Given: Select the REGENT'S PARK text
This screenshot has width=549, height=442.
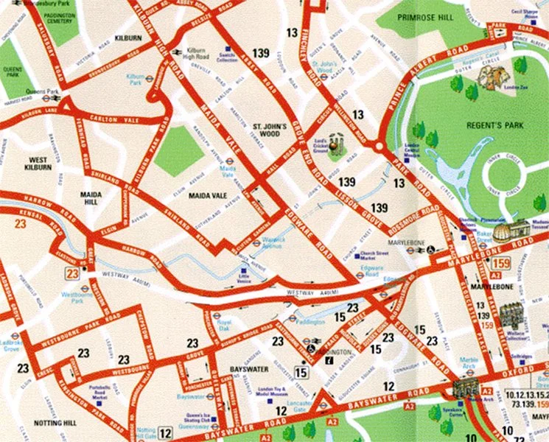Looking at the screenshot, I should (494, 126).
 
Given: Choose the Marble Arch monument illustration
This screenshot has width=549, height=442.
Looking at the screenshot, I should (465, 388).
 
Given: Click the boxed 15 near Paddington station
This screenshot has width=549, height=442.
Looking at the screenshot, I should (300, 371).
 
